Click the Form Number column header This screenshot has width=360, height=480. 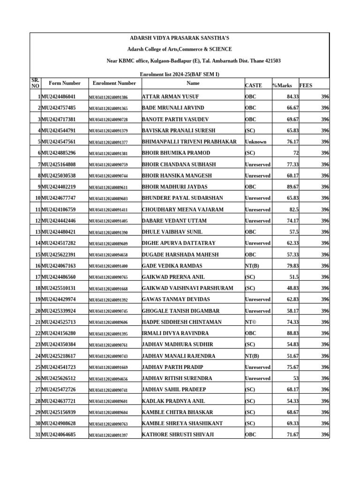click(64, 83)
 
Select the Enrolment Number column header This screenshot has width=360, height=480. click(114, 83)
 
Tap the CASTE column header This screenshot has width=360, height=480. click(254, 85)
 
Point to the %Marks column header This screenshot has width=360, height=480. click(282, 85)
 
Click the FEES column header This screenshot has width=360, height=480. click(306, 85)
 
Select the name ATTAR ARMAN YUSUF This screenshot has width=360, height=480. click(170, 97)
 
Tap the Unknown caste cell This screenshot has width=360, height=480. click(255, 142)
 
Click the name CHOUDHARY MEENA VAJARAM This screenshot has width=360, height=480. click(182, 210)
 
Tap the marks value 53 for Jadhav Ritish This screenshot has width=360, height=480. click(296, 378)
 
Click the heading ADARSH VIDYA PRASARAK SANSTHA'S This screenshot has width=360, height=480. click(180, 38)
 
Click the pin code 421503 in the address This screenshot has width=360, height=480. click(272, 61)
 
